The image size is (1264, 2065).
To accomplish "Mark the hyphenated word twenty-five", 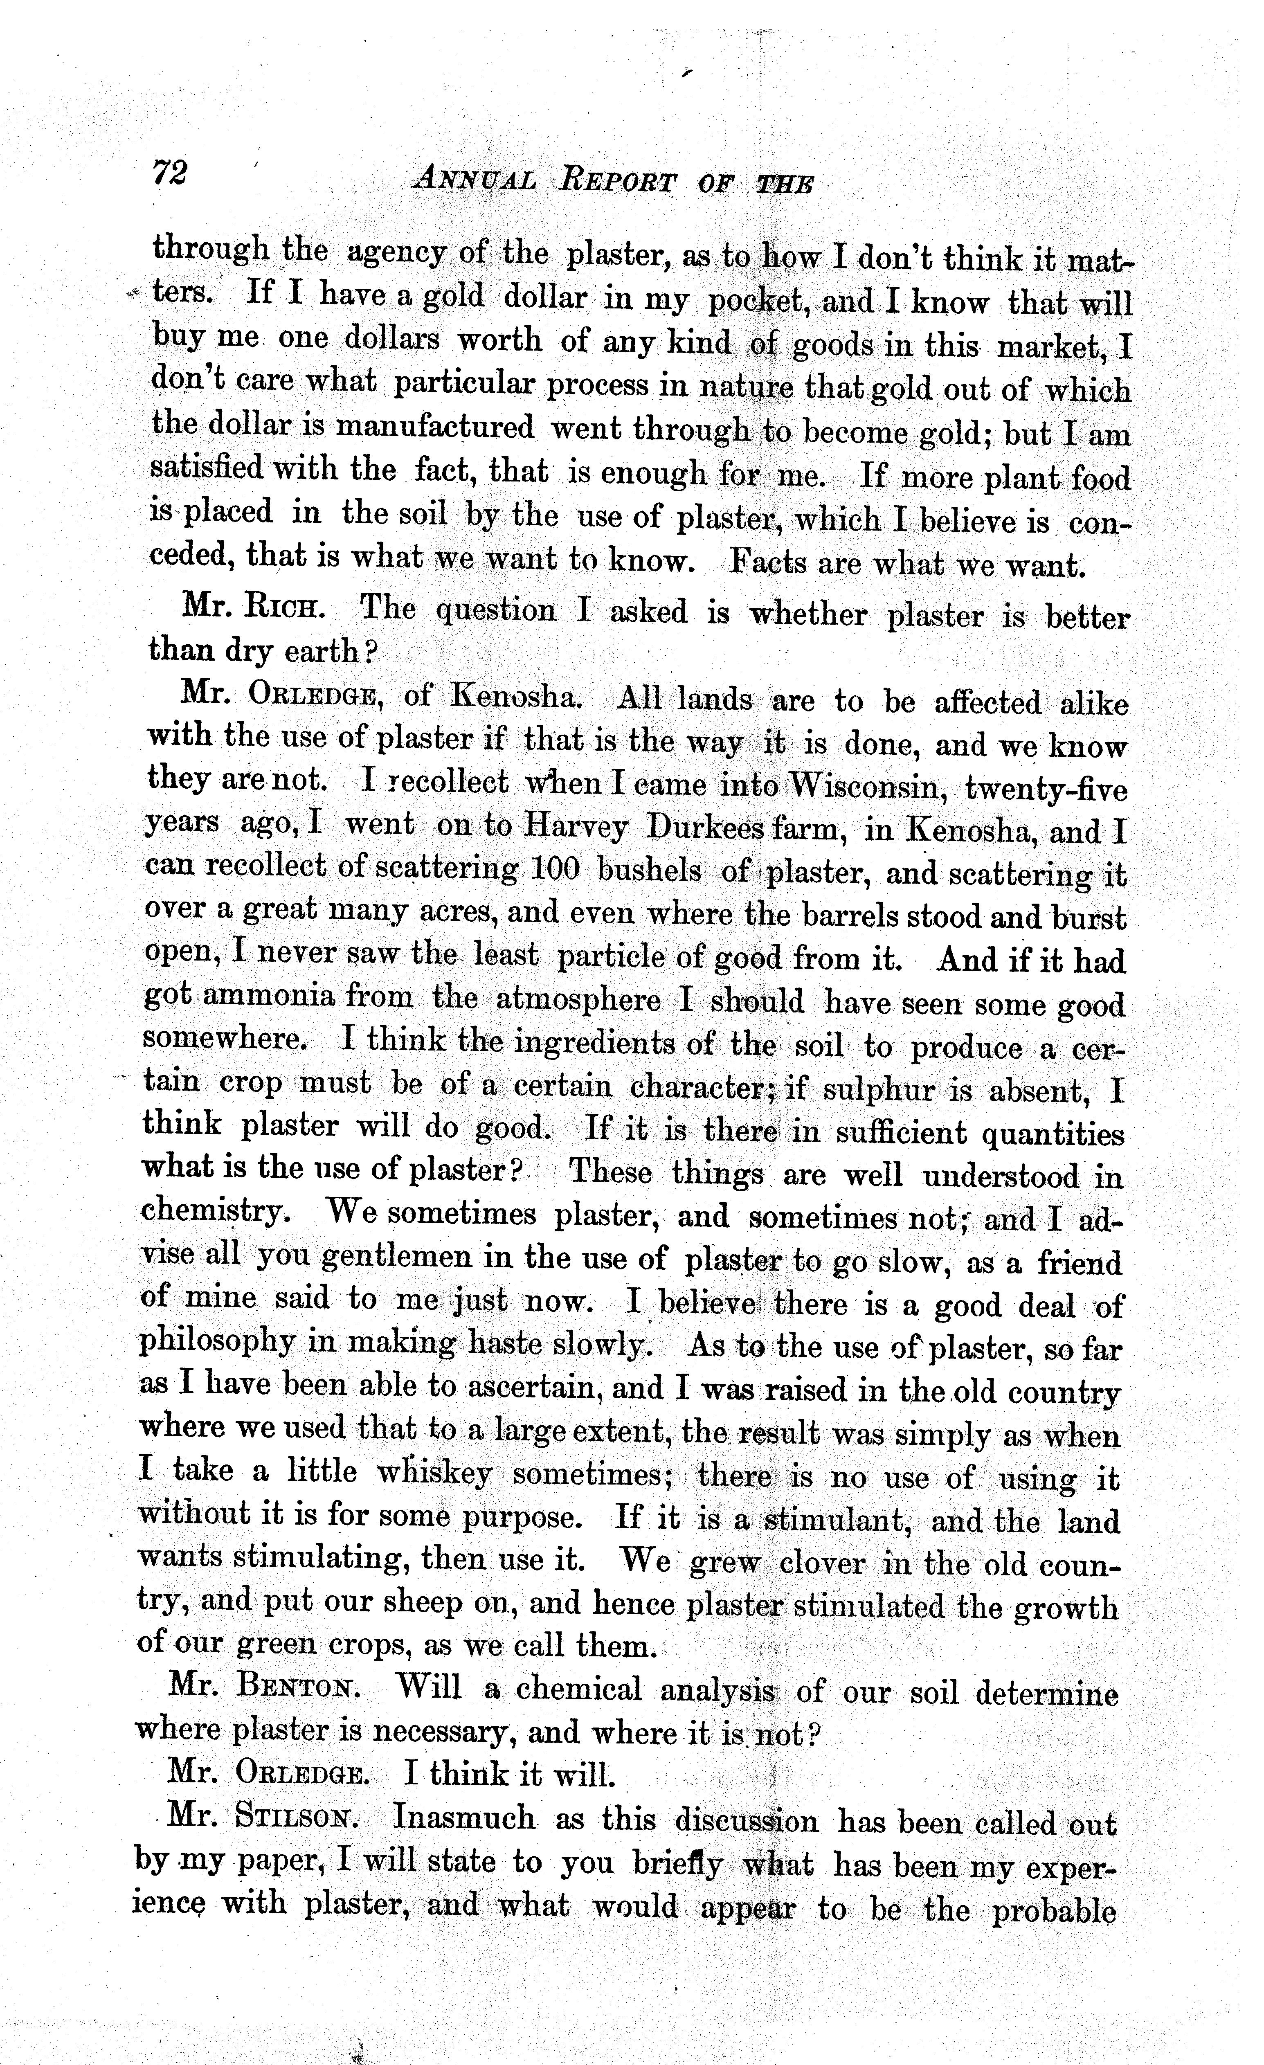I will pos(1046,789).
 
